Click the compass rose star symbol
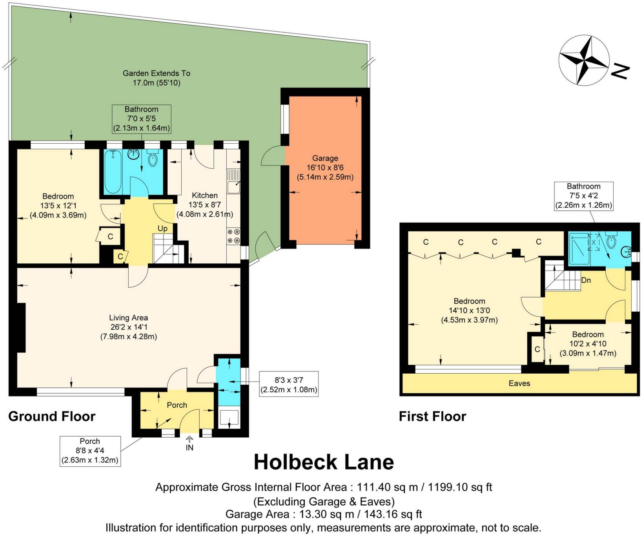click(x=584, y=60)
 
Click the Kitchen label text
click(x=205, y=195)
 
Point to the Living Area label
click(x=128, y=318)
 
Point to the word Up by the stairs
click(x=162, y=228)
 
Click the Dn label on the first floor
click(x=586, y=280)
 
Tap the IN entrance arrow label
click(x=189, y=447)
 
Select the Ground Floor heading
click(x=52, y=416)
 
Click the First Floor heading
click(x=433, y=416)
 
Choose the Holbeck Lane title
click(x=324, y=462)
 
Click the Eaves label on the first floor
click(x=519, y=383)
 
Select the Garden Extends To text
click(x=157, y=73)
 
